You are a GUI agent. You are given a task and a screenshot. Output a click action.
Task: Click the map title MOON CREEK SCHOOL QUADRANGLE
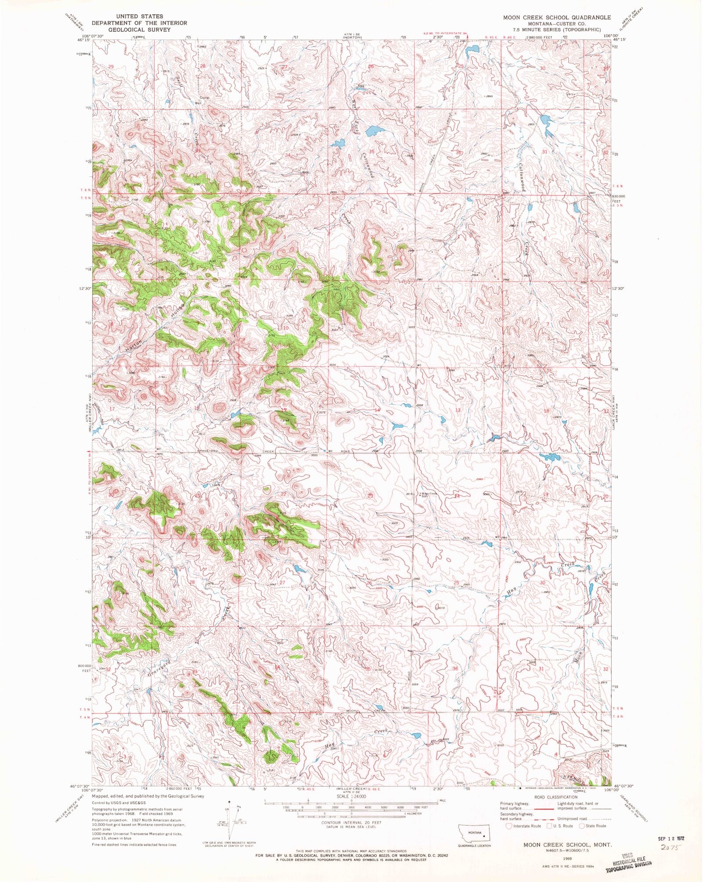click(557, 17)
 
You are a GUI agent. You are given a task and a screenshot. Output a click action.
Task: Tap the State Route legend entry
click(594, 826)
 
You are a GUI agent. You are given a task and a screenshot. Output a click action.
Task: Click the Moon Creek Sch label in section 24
click(429, 495)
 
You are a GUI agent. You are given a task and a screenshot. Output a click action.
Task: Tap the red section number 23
click(370, 495)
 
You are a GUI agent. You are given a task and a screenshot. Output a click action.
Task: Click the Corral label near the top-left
click(204, 97)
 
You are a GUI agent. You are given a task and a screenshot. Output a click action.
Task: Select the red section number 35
click(371, 151)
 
